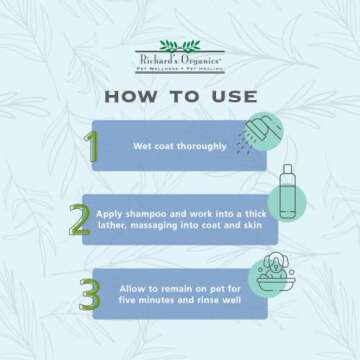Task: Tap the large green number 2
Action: tap(79, 219)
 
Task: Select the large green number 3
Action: tap(91, 294)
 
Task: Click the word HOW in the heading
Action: tap(134, 97)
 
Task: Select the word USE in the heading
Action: tap(231, 97)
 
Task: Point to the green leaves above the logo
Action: tap(180, 46)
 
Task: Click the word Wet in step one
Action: tap(141, 146)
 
